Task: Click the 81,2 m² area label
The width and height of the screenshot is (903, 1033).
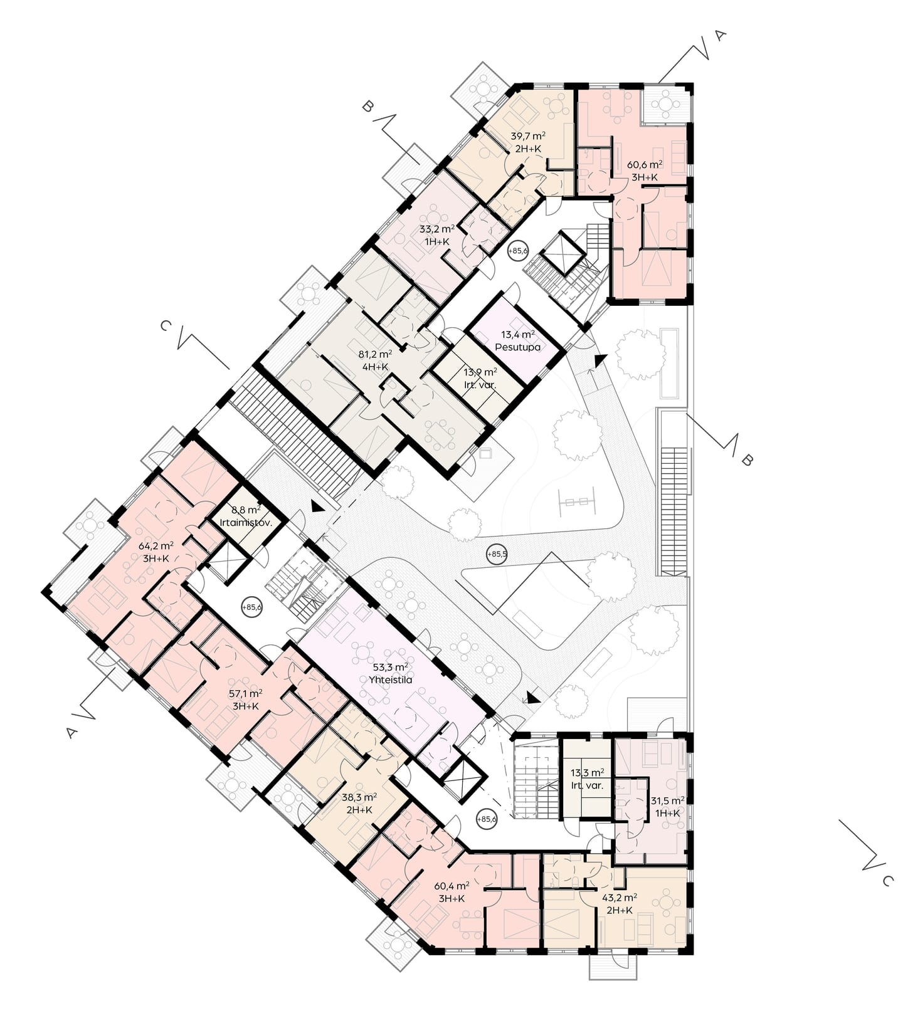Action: [375, 354]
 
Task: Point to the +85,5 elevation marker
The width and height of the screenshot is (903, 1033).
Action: [496, 554]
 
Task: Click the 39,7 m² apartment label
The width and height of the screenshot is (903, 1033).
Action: [527, 136]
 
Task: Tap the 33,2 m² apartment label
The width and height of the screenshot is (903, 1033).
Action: [437, 229]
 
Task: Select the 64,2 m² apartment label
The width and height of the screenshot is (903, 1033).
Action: [156, 546]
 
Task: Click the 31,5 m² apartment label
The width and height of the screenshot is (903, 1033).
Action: [667, 800]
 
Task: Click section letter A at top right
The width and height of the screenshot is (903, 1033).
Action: [720, 36]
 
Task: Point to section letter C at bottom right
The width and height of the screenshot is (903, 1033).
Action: [886, 881]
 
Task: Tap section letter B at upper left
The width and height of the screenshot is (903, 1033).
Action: [367, 107]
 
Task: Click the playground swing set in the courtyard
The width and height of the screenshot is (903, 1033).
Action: [576, 501]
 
